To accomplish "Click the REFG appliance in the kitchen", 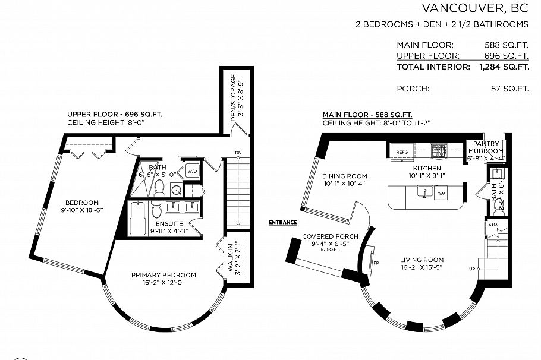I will [x=402, y=153].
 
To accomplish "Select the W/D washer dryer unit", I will [x=192, y=171].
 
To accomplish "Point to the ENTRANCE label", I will [x=282, y=222].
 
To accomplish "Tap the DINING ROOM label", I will [x=345, y=176].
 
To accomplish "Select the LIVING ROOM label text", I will [x=422, y=260].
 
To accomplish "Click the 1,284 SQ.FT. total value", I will [x=504, y=67].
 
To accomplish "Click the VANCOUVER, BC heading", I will [x=474, y=8].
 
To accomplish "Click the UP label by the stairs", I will [x=472, y=269].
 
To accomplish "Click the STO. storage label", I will [x=492, y=225].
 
